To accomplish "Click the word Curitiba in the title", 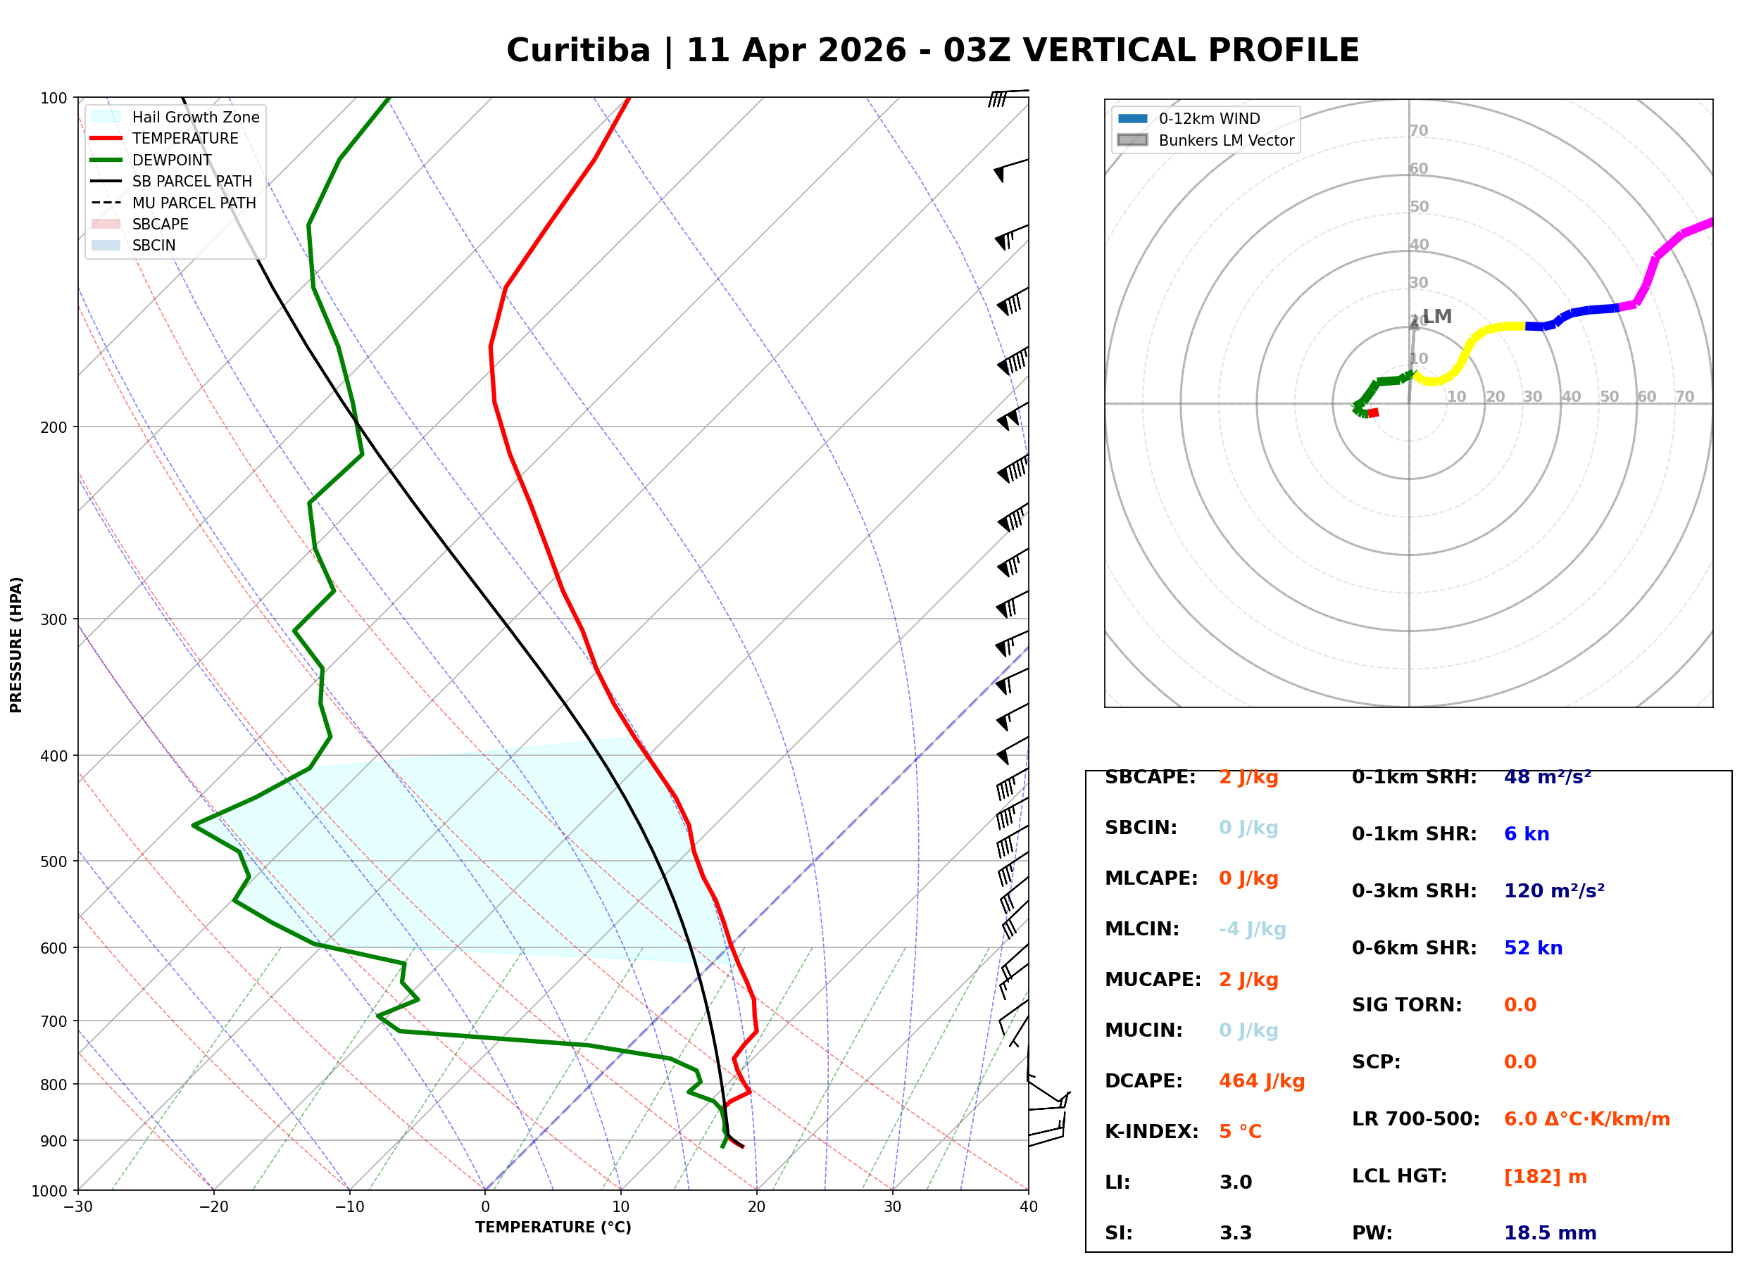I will (x=578, y=51).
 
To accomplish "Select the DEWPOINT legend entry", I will (x=172, y=160).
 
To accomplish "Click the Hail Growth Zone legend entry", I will (x=195, y=117).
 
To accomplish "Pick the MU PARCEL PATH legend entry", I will (x=194, y=203).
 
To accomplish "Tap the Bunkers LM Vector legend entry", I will (x=1225, y=140).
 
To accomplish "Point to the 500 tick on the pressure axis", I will (x=53, y=861).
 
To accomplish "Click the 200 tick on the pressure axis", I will (x=53, y=427).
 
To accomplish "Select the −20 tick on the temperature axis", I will (x=213, y=1207).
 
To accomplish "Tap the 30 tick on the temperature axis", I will (x=892, y=1207).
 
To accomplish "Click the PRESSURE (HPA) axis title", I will (x=16, y=645).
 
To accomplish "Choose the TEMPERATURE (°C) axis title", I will (x=553, y=1227).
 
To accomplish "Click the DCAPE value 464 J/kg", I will (x=1261, y=1081).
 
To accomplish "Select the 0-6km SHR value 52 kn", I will (x=1532, y=948).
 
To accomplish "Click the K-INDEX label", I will (x=1151, y=1131).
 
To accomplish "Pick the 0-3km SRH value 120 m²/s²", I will (x=1553, y=890).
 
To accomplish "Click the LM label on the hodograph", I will (x=1436, y=316).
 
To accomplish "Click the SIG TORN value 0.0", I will (x=1519, y=1005).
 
